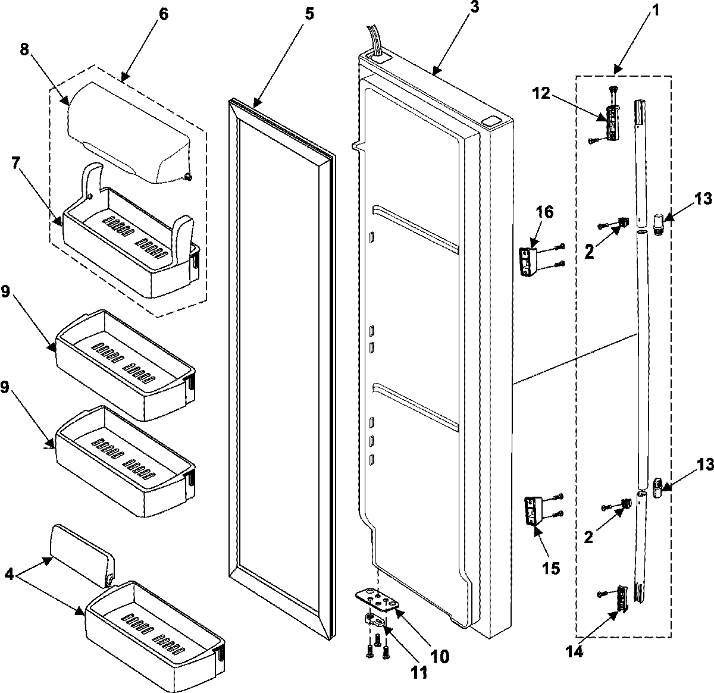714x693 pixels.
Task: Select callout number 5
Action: [x=309, y=13]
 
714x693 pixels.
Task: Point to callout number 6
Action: [x=162, y=13]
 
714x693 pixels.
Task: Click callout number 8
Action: [x=25, y=51]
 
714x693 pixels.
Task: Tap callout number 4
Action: [x=10, y=575]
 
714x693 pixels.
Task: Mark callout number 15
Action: [x=551, y=567]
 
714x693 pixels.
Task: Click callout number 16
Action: [x=544, y=212]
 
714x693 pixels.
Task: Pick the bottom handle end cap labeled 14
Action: [x=622, y=597]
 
